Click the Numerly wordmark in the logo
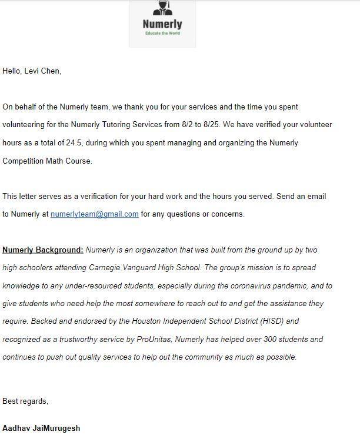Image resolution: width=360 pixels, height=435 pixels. pyautogui.click(x=162, y=24)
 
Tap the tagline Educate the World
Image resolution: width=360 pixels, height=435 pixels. pyautogui.click(x=162, y=33)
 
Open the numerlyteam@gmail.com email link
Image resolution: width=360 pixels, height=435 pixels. pyautogui.click(x=95, y=214)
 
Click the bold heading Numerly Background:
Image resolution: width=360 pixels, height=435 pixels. pyautogui.click(x=43, y=250)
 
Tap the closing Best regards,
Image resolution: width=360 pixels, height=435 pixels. pyautogui.click(x=25, y=401)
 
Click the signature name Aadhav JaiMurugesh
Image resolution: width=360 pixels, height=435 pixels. pyautogui.click(x=41, y=428)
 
